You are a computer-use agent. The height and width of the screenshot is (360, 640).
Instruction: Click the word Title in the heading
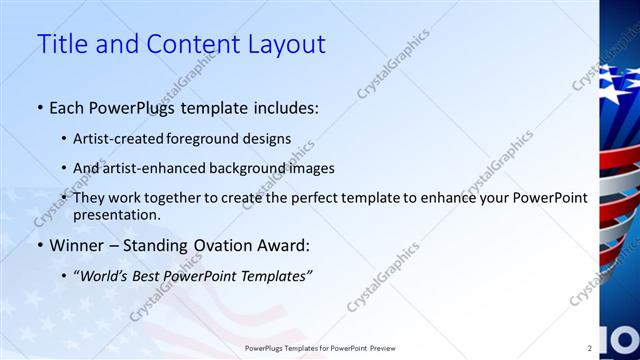(x=61, y=45)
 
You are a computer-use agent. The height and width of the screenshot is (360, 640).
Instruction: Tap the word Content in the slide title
(x=189, y=45)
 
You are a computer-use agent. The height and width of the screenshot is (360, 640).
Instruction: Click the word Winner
(x=76, y=245)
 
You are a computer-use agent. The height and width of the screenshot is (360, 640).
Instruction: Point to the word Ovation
(x=212, y=245)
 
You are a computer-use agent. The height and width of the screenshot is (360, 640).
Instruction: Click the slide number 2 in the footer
(x=590, y=348)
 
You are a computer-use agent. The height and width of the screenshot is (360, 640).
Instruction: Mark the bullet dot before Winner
(x=39, y=245)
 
